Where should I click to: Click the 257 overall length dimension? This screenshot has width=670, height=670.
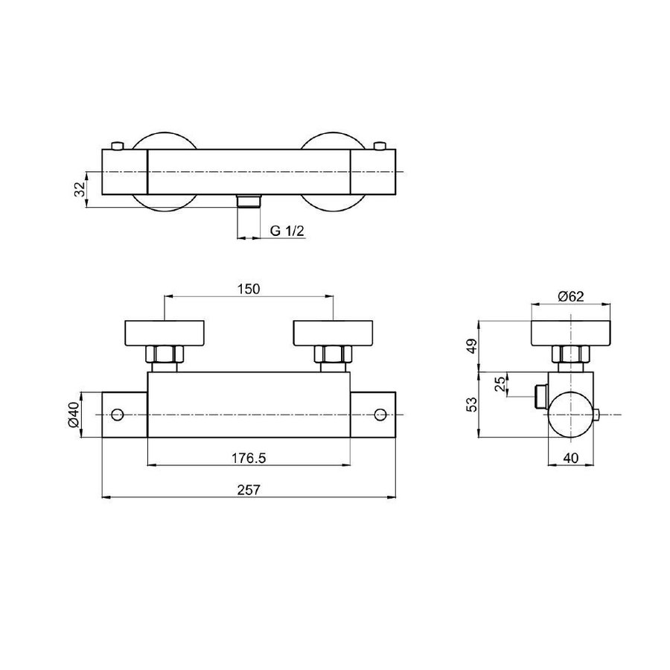(249, 490)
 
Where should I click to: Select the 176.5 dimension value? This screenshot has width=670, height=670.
(249, 458)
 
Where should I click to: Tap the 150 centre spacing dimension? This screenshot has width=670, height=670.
(249, 289)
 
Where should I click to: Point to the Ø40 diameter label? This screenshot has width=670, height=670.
(73, 415)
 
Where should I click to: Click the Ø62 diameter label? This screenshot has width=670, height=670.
(570, 296)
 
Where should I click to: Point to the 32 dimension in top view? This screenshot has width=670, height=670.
(79, 190)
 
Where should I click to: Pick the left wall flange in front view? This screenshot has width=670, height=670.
(165, 332)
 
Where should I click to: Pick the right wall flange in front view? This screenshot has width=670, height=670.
(333, 332)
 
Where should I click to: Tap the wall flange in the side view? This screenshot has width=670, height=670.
(570, 333)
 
